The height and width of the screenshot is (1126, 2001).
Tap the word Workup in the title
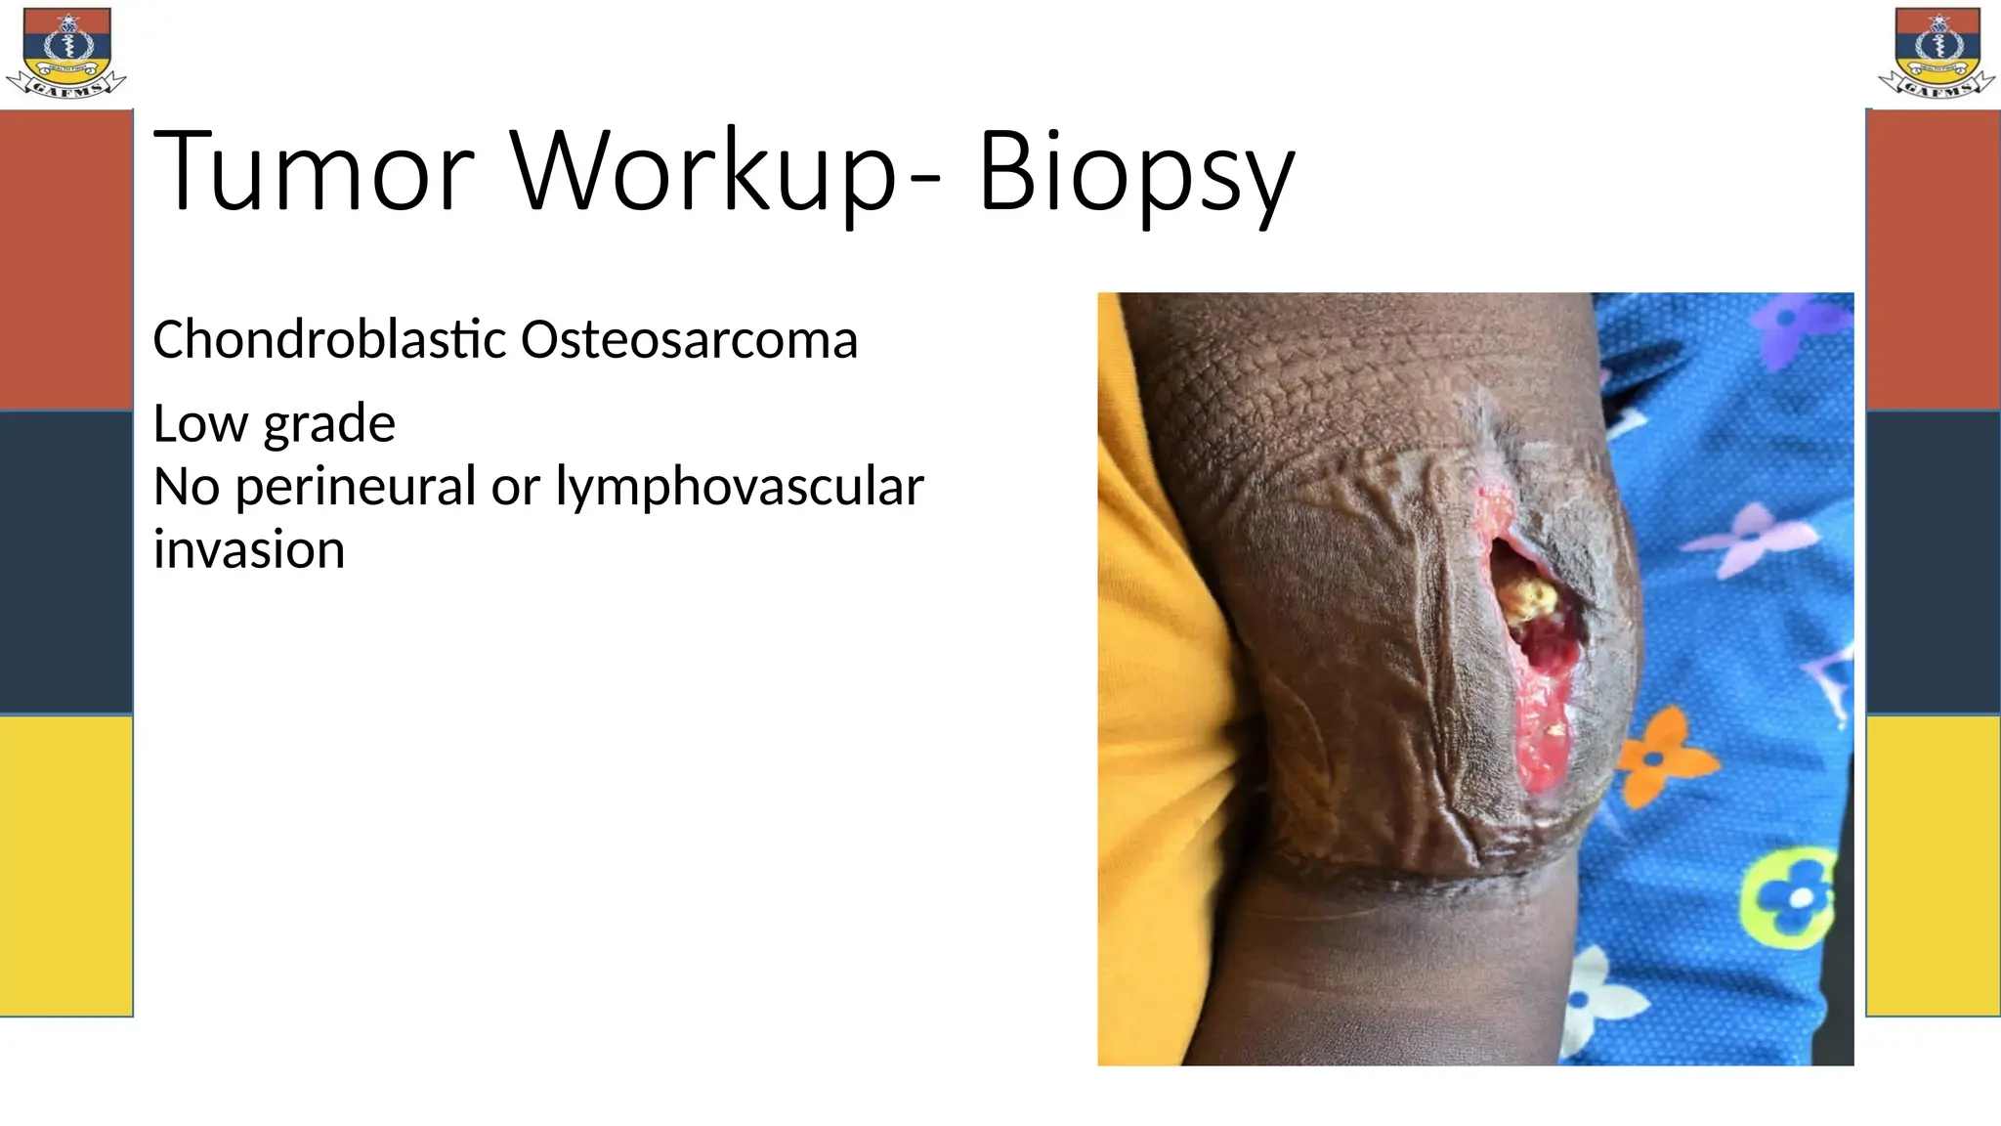click(x=703, y=172)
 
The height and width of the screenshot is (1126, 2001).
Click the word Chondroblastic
click(x=329, y=340)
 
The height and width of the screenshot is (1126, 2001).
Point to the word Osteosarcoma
click(x=689, y=340)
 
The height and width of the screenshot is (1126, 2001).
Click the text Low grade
click(x=274, y=424)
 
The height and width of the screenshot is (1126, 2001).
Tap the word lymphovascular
click(x=739, y=488)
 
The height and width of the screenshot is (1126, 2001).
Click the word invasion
click(x=249, y=549)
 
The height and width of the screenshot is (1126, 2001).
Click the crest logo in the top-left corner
click(x=66, y=53)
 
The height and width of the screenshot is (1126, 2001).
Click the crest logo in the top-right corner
click(x=1936, y=53)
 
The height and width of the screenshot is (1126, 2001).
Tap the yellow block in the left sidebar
click(x=65, y=865)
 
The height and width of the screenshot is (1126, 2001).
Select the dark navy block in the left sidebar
click(x=65, y=562)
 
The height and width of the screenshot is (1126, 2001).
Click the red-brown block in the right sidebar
click(x=1933, y=259)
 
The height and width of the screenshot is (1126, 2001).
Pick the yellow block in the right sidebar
click(x=1933, y=865)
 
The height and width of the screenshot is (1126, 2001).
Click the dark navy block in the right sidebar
click(x=1933, y=562)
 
